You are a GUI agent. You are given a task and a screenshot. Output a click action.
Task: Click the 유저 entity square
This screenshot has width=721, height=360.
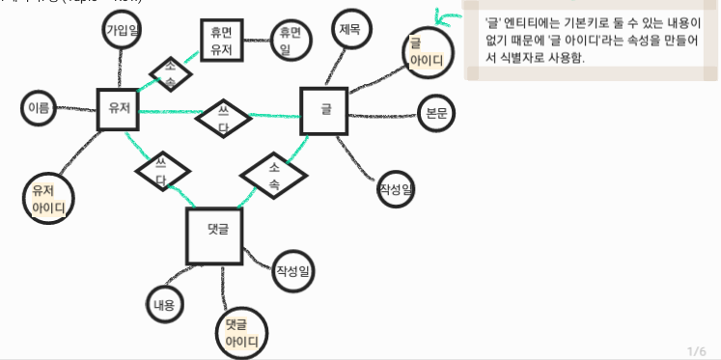click(x=119, y=107)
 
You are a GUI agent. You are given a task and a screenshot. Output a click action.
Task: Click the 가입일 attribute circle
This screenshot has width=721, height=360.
click(x=123, y=31)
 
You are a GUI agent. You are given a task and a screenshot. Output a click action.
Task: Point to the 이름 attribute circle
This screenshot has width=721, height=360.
click(x=39, y=108)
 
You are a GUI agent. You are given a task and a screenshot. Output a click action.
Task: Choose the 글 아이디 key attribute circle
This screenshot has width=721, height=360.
click(x=427, y=52)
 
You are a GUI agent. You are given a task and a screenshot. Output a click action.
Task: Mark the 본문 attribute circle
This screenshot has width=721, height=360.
click(x=436, y=113)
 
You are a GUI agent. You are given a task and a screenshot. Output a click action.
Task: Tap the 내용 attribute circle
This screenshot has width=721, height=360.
click(x=164, y=305)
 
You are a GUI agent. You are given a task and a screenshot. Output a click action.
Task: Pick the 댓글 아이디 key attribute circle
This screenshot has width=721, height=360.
click(x=241, y=333)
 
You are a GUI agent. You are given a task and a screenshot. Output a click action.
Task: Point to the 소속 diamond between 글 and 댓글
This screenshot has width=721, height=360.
click(x=273, y=175)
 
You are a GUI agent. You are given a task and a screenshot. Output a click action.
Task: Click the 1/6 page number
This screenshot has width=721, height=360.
click(x=697, y=349)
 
